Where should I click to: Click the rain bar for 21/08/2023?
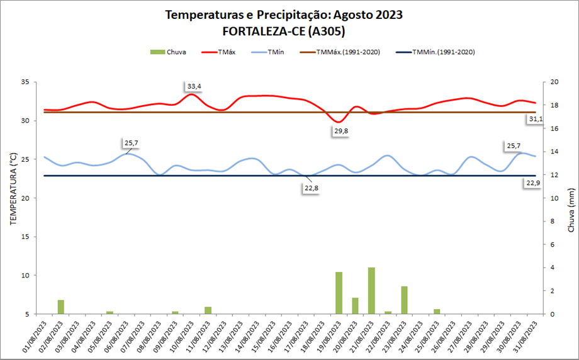371,291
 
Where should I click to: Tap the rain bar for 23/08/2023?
405,300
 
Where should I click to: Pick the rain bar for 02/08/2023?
61,307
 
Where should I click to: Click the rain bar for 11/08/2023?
208,310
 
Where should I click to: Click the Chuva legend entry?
168,52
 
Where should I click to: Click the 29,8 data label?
341,131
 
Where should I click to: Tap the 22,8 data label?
311,188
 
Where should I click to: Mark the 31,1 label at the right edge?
536,118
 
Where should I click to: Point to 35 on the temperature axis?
25,82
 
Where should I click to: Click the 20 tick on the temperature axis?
25,198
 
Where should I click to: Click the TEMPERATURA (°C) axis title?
12,188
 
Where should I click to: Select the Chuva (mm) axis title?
570,210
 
